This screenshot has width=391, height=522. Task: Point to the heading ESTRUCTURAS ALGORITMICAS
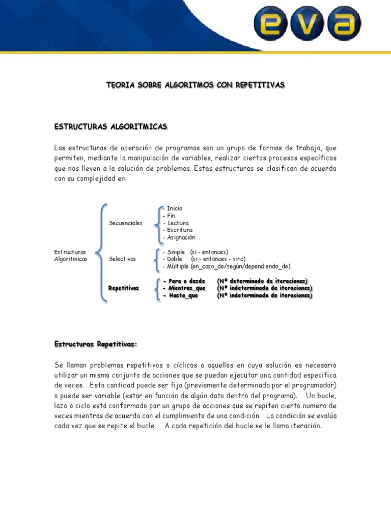110,126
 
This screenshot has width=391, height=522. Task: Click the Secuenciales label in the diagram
126,223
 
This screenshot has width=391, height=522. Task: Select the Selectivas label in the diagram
122,259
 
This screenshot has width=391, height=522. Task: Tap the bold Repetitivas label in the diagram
124,289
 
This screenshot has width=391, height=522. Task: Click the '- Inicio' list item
173,208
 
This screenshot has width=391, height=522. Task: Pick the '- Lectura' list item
175,223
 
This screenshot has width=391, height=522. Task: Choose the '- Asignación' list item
178,238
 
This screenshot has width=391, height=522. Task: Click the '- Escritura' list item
177,230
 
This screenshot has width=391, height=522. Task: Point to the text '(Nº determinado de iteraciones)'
262,281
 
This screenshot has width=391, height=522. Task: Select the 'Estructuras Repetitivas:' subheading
96,345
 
